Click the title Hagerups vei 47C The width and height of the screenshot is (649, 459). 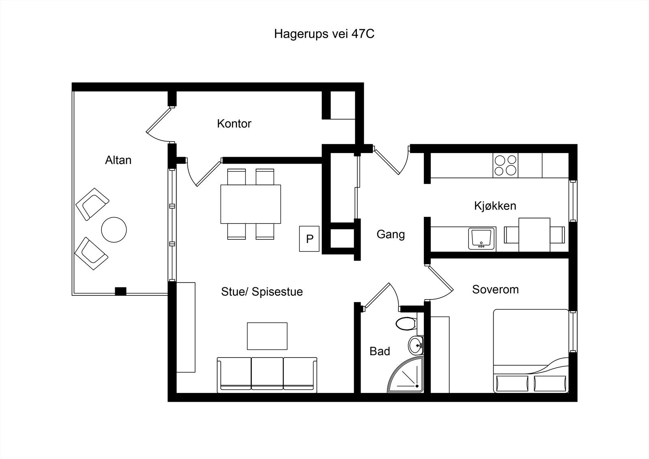[x=324, y=34]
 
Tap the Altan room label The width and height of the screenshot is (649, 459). [x=118, y=160]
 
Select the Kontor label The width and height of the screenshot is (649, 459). [x=234, y=123]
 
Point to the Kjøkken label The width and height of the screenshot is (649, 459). [x=495, y=206]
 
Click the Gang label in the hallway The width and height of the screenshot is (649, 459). [x=391, y=234]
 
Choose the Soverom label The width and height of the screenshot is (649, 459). [x=495, y=289]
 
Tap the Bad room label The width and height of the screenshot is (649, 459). [x=380, y=351]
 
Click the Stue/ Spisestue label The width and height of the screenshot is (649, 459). [x=262, y=292]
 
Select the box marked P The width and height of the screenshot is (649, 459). [x=309, y=239]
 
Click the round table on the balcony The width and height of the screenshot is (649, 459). [x=114, y=230]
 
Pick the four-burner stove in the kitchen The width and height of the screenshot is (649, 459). [x=505, y=165]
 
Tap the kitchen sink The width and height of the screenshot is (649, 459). [x=482, y=239]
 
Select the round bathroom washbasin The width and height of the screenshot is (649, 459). [x=416, y=345]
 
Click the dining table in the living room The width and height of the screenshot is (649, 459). [x=251, y=204]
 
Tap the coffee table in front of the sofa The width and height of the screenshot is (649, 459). [x=267, y=336]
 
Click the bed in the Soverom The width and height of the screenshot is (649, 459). [x=531, y=351]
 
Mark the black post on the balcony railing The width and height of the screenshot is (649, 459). [x=120, y=291]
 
